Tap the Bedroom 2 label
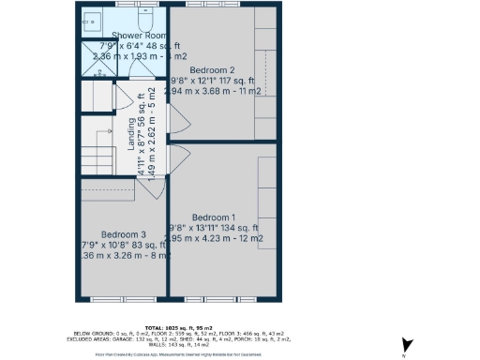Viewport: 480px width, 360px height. [x=212, y=69]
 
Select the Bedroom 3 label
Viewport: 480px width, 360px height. [x=124, y=233]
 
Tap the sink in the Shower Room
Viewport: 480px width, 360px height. [x=94, y=19]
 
